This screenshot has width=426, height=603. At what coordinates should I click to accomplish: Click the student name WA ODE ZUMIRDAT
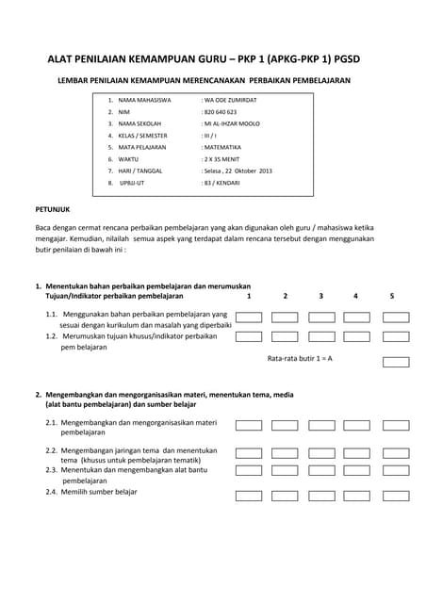pyautogui.click(x=232, y=100)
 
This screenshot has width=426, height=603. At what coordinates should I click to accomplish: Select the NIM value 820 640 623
pyautogui.click(x=220, y=112)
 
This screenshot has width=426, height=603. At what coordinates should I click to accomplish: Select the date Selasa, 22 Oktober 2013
pyautogui.click(x=238, y=171)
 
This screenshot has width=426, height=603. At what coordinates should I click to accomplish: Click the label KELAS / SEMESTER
pyautogui.click(x=149, y=136)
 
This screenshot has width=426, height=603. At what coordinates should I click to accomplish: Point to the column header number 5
pyautogui.click(x=392, y=297)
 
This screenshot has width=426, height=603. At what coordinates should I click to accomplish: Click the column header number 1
pyautogui.click(x=249, y=297)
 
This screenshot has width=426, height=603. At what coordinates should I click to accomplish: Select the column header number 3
pyautogui.click(x=320, y=297)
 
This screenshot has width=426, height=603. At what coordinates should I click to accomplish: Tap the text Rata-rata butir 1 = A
pyautogui.click(x=300, y=359)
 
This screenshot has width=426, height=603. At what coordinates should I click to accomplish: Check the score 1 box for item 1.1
pyautogui.click(x=249, y=318)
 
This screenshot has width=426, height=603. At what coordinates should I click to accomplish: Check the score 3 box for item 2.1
pyautogui.click(x=321, y=426)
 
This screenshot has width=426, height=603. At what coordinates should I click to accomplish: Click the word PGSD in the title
pyautogui.click(x=342, y=59)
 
